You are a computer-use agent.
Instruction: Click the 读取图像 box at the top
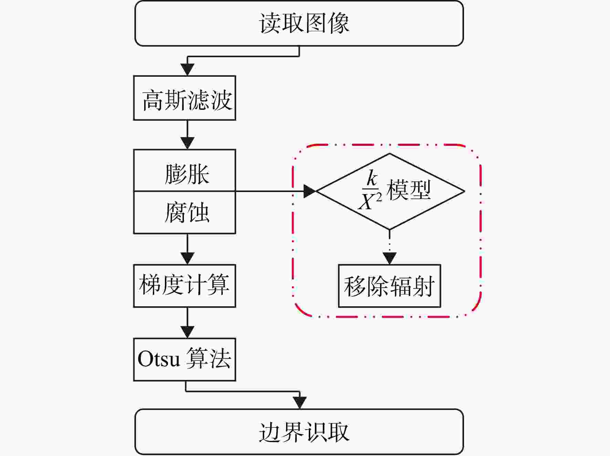pos(299,23)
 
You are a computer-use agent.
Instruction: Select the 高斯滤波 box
pos(185,98)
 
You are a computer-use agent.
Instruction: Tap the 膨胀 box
pos(185,170)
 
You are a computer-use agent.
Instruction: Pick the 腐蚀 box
pos(185,213)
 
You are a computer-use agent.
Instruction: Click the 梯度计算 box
pos(185,286)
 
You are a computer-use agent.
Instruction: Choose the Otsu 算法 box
pos(185,360)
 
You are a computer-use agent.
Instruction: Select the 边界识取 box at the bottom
pos(299,432)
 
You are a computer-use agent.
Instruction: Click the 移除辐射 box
pos(389,286)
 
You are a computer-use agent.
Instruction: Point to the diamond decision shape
pos(389,191)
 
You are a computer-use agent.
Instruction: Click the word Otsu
pos(159,359)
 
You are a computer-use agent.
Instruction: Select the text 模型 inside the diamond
pos(409,190)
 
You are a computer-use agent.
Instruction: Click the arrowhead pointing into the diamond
pos(309,191)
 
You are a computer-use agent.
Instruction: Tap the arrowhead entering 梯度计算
pos(187,258)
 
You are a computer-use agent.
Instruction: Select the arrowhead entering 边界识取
pos(300,403)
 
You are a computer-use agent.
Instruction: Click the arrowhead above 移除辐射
pos(389,258)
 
